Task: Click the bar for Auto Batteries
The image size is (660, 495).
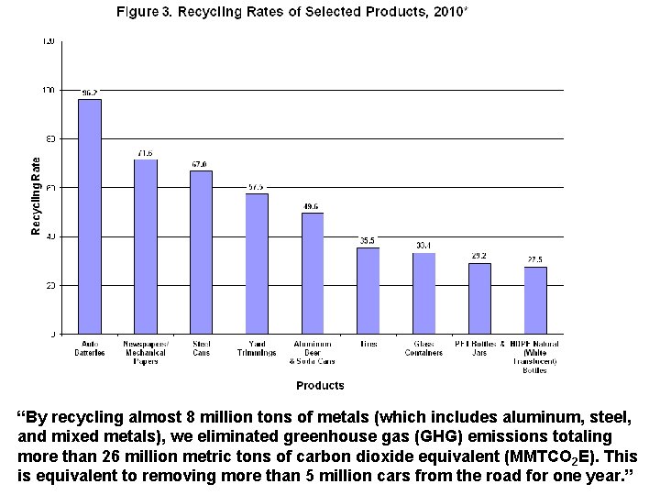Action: [89, 216]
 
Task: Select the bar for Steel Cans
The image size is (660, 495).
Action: [201, 252]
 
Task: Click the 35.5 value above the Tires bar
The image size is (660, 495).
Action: [368, 240]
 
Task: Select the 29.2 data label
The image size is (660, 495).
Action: [479, 256]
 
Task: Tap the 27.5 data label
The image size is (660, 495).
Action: [535, 259]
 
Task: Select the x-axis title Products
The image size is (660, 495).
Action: [320, 386]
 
